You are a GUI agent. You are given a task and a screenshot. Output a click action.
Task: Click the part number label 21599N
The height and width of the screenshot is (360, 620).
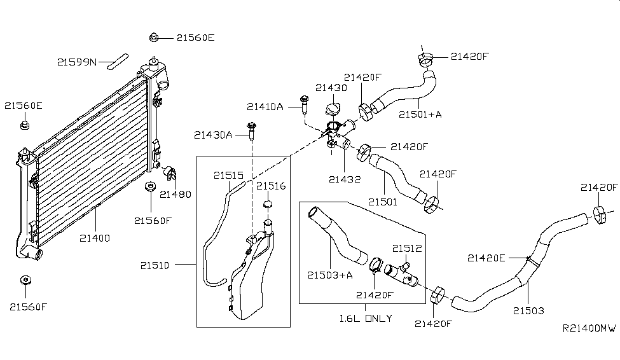pos(76,62)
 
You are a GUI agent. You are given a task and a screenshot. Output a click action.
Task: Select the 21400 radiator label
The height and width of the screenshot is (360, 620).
pos(95,239)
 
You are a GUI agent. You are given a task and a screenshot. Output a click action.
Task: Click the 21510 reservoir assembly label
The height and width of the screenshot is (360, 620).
pos(154,265)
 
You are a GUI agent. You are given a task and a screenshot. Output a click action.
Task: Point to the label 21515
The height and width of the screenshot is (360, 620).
pos(228,175)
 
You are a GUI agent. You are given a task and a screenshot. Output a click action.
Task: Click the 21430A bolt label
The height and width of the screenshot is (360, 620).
pos(214,135)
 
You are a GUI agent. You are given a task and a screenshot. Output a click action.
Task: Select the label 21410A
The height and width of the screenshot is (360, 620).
pos(265,106)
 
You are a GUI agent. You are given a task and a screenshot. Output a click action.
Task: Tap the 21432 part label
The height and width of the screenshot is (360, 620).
pos(345,179)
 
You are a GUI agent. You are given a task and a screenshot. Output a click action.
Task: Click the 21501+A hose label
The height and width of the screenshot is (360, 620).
pos(420,114)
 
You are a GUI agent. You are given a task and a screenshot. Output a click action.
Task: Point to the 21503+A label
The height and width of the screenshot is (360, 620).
pos(329,275)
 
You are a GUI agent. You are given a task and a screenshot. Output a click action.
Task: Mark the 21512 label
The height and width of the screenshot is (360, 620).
pos(407,248)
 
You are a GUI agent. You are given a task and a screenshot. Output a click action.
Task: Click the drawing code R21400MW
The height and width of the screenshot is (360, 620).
pos(589,328)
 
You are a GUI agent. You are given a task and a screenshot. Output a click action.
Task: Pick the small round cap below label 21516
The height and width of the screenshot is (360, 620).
pos(268,204)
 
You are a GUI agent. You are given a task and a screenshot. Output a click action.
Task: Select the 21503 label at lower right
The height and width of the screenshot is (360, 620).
pos(529,310)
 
